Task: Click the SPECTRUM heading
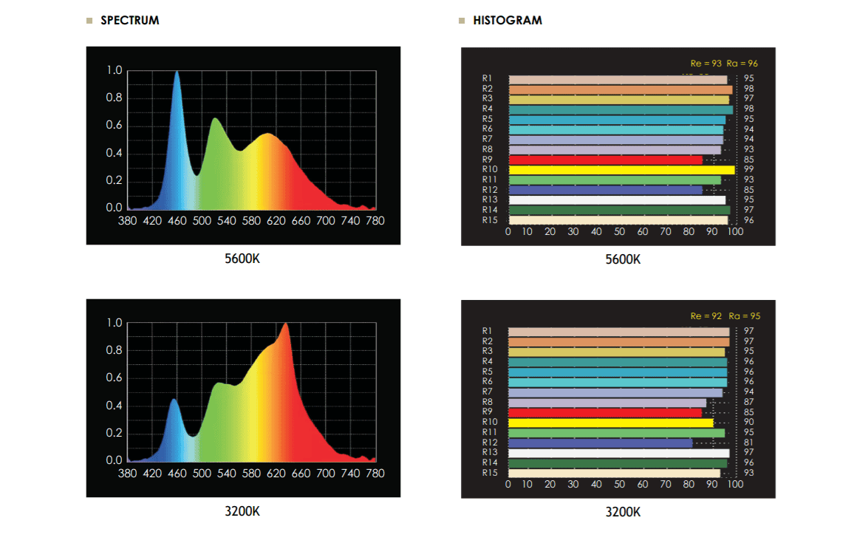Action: [x=129, y=21]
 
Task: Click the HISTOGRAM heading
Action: [x=507, y=21]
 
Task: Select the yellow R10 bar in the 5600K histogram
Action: [x=621, y=170]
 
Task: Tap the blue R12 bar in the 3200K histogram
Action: [x=600, y=443]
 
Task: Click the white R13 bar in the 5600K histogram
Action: [x=617, y=200]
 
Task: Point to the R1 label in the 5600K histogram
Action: [x=488, y=78]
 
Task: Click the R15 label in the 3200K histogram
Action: [x=488, y=473]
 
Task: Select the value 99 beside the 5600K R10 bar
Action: [x=749, y=170]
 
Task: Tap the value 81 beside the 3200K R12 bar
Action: [x=749, y=443]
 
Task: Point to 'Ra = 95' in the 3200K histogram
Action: [x=744, y=316]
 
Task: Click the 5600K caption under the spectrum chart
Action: [x=242, y=260]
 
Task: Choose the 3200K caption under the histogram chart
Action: [x=623, y=512]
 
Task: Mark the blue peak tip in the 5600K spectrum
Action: [x=177, y=72]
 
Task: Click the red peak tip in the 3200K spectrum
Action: [x=285, y=324]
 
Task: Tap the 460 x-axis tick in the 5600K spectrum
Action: [x=177, y=221]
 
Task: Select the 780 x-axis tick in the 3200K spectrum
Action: [x=375, y=474]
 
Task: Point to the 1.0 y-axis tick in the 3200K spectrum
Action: [x=115, y=323]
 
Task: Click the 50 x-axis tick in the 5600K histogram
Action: [x=619, y=232]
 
